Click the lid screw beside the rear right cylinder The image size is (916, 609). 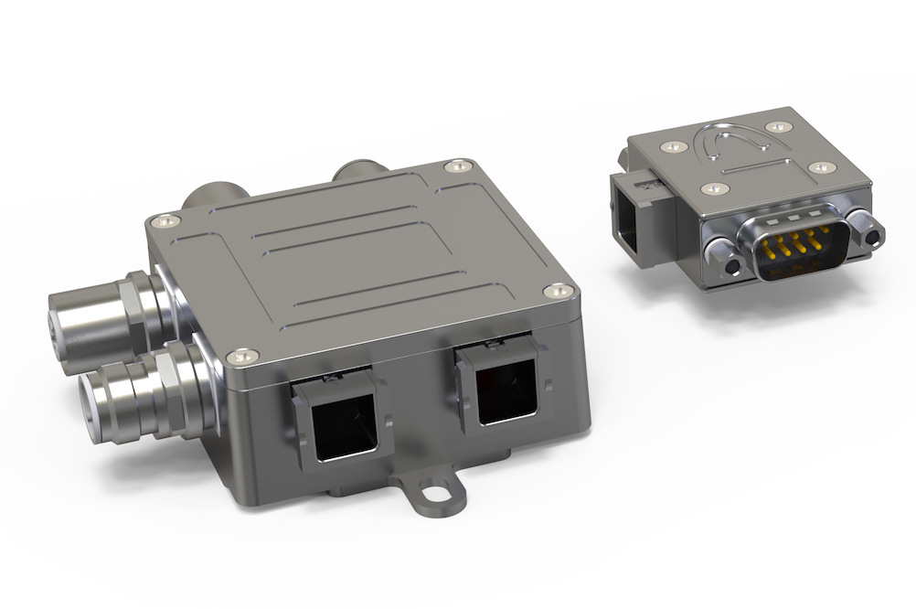(458, 166)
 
